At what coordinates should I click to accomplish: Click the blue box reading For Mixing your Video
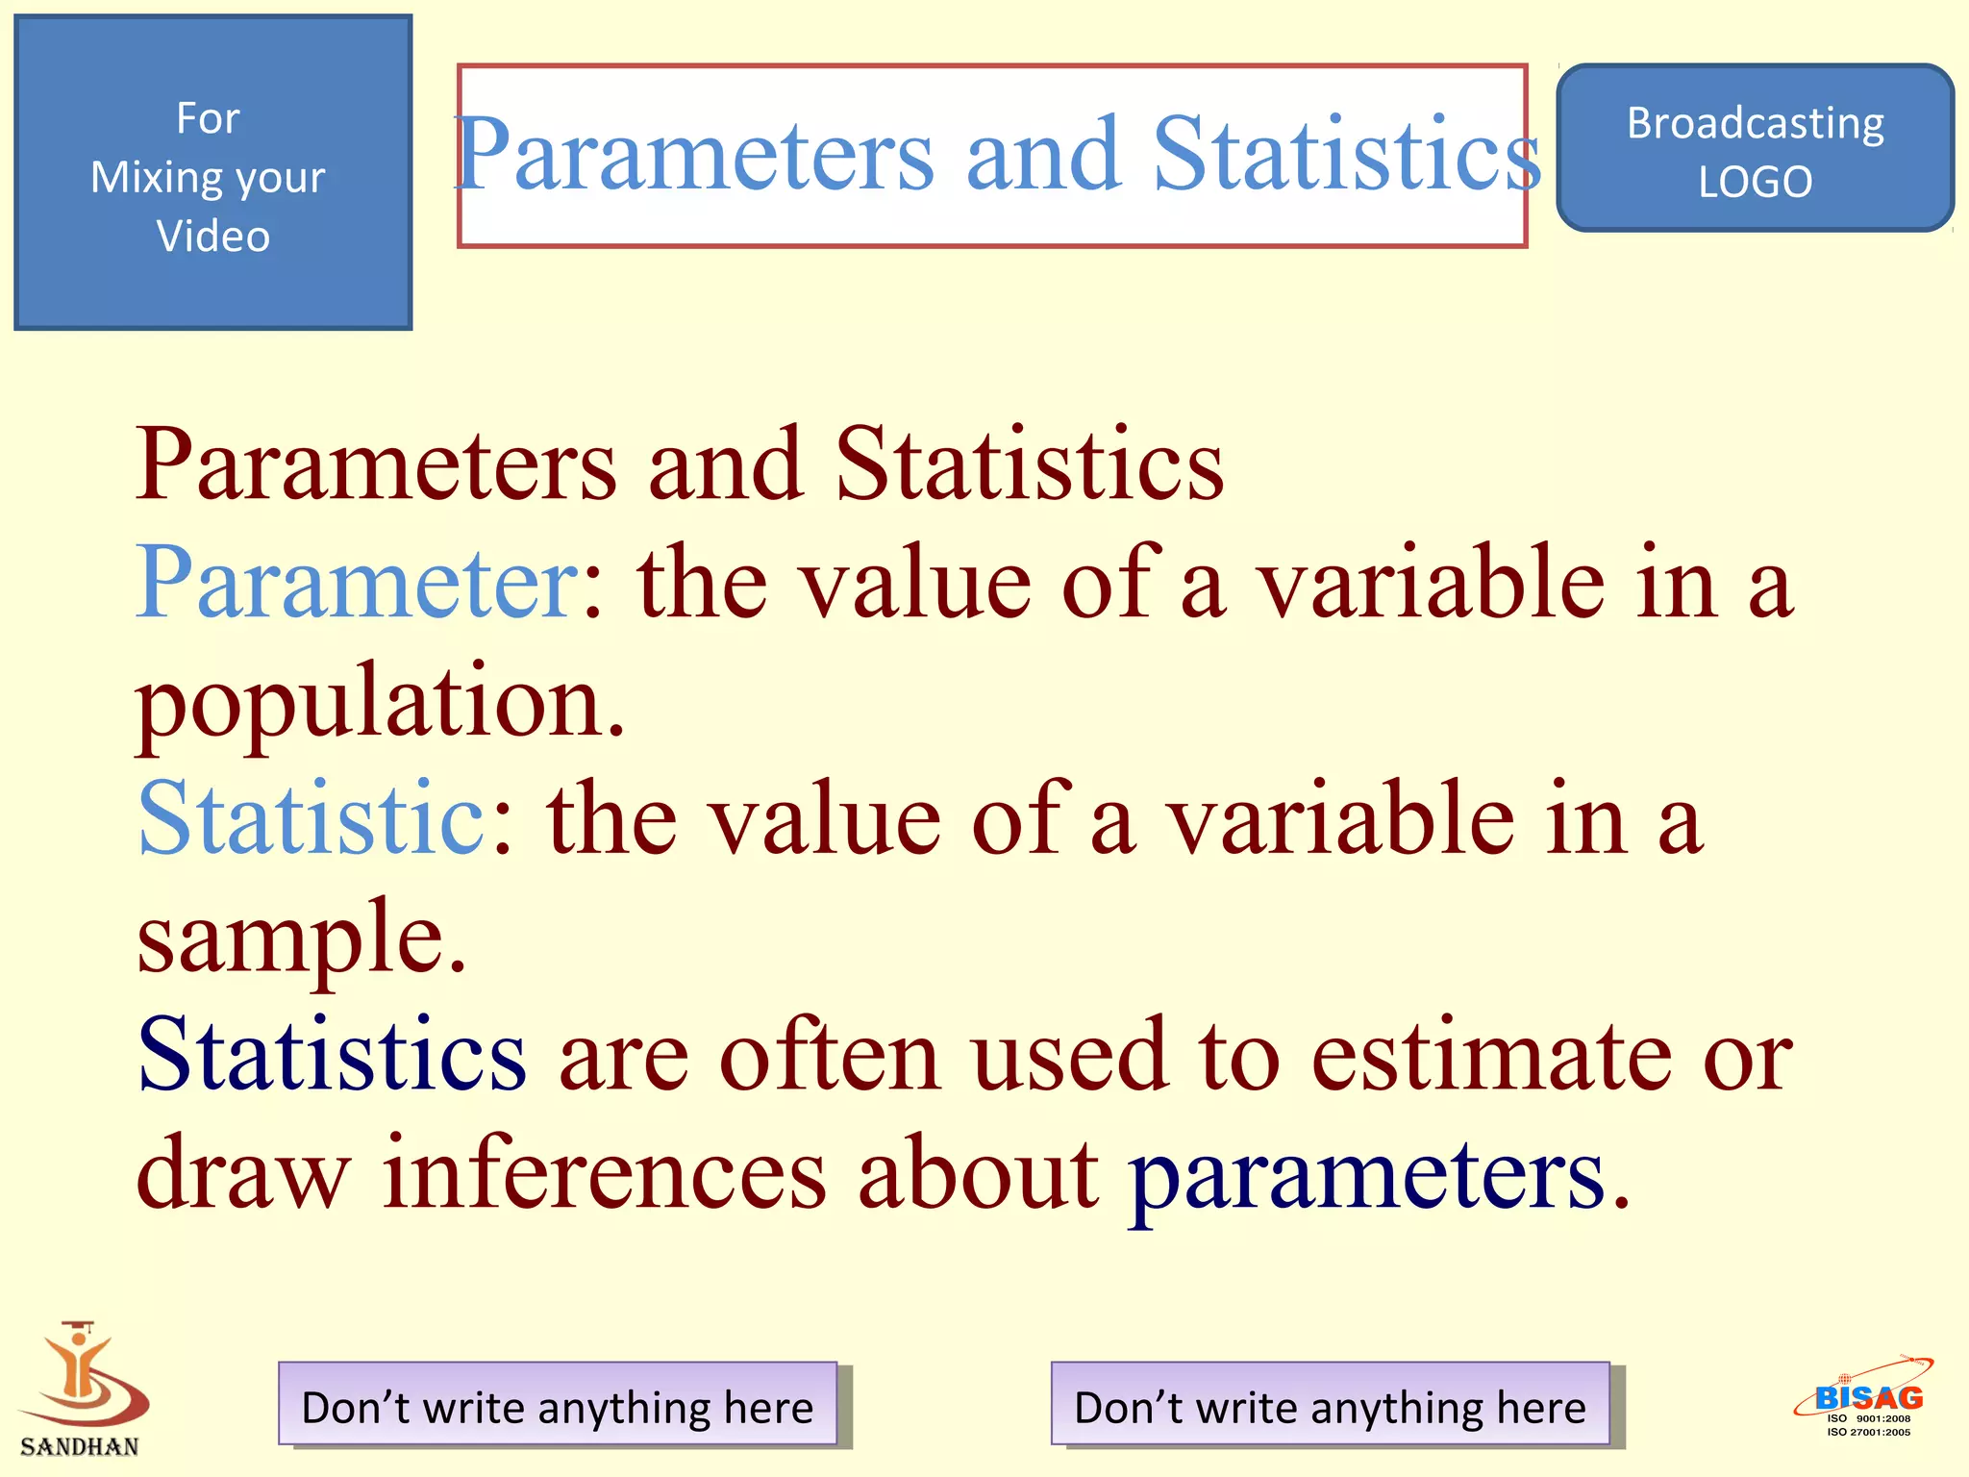212,173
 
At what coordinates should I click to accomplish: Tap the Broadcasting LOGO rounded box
1755,149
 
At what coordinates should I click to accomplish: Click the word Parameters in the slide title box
694,154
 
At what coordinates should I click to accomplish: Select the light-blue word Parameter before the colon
357,583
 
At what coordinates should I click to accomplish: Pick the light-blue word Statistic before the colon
312,817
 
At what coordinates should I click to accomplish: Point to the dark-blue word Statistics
332,1056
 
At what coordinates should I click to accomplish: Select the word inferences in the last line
604,1173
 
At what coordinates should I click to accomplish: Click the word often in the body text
831,1056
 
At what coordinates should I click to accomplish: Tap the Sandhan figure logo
83,1375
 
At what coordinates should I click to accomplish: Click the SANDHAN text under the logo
80,1446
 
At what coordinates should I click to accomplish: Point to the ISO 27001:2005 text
1868,1433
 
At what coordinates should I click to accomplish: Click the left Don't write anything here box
558,1405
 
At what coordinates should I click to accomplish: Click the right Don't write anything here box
1330,1405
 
